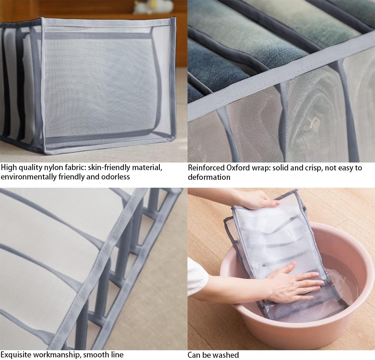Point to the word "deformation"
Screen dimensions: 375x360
tap(209, 177)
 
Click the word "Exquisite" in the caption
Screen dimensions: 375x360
tap(16, 354)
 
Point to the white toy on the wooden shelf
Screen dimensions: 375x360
tap(153, 7)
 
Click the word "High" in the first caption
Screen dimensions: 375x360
tap(9, 168)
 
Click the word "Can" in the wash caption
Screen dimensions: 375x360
tap(194, 355)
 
